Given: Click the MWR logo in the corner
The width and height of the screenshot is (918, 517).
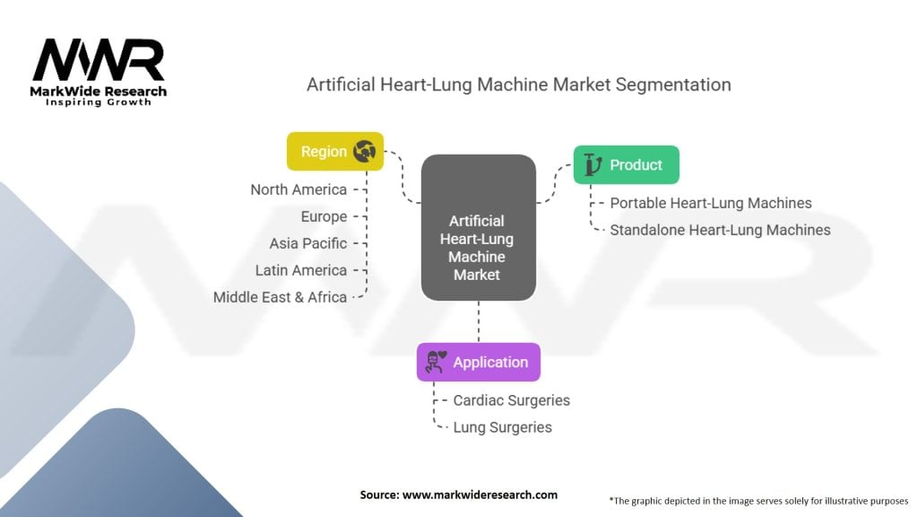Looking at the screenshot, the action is click(x=99, y=72).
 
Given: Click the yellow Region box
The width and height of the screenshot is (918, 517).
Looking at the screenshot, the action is click(x=335, y=151).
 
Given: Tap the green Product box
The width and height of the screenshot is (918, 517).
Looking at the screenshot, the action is click(x=627, y=165).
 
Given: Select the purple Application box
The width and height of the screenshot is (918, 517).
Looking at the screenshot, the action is click(x=479, y=363).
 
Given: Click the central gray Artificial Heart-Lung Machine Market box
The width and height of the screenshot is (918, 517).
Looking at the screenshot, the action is click(x=479, y=227).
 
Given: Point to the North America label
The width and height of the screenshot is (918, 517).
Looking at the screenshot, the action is click(x=299, y=190).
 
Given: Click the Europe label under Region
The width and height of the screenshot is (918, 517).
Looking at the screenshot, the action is click(x=324, y=217).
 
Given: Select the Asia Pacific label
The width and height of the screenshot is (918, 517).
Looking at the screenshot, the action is click(x=308, y=243).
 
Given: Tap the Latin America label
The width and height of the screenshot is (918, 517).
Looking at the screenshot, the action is click(x=301, y=270).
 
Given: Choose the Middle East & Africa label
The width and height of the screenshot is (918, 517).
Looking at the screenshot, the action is click(x=280, y=297).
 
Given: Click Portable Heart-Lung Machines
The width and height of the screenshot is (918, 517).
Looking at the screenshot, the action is click(x=711, y=203).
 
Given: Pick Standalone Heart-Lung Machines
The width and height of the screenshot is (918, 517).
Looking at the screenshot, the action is click(x=720, y=230).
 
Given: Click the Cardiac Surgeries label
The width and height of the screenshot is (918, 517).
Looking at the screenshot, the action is click(x=512, y=400).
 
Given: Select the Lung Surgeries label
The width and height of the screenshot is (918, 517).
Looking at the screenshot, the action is click(x=502, y=427).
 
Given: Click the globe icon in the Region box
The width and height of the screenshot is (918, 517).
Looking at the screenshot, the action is click(x=364, y=151).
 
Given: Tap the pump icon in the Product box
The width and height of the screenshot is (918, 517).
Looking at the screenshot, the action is click(x=593, y=165).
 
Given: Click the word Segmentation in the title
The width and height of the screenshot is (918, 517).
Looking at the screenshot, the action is click(x=673, y=85).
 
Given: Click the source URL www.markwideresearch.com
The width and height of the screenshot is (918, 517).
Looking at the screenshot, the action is click(x=480, y=495).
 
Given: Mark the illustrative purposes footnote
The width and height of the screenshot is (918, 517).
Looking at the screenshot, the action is click(x=758, y=501).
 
